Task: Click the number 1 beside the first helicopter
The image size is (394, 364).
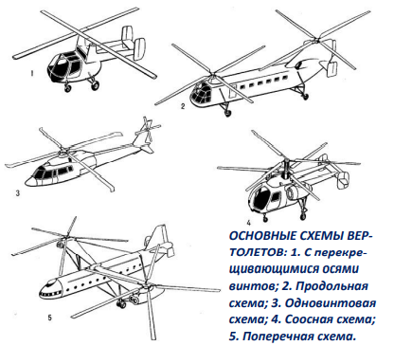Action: pyautogui.click(x=31, y=74)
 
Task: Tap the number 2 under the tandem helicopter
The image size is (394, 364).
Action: pyautogui.click(x=183, y=106)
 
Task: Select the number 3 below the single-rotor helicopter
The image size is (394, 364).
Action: pyautogui.click(x=18, y=192)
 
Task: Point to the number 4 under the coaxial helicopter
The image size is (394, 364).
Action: pyautogui.click(x=249, y=223)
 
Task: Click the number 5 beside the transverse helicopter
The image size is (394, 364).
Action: pyautogui.click(x=49, y=318)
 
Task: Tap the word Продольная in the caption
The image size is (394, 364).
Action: pyautogui.click(x=332, y=287)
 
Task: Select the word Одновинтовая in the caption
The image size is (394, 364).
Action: pyautogui.click(x=331, y=303)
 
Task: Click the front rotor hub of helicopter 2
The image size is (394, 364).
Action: pyautogui.click(x=213, y=77)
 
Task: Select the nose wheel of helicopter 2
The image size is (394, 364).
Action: pyautogui.click(x=227, y=112)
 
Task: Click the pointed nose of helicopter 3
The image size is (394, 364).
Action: pyautogui.click(x=28, y=181)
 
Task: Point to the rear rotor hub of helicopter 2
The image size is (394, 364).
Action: pyautogui.click(x=316, y=40)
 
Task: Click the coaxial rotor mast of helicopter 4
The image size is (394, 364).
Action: pyautogui.click(x=286, y=170)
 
